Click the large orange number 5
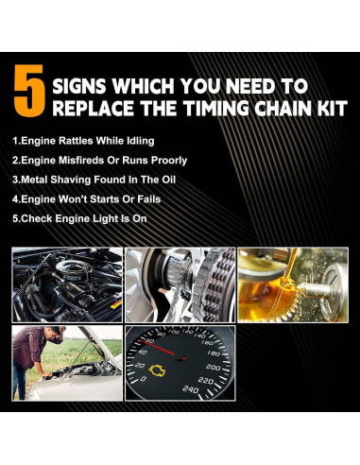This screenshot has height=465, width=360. click(30, 95)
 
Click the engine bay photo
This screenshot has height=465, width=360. click(66, 284)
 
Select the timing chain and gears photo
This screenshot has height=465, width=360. click(180, 284)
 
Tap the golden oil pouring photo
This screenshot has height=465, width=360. click(293, 284)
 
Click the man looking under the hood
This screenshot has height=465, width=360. click(35, 350)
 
